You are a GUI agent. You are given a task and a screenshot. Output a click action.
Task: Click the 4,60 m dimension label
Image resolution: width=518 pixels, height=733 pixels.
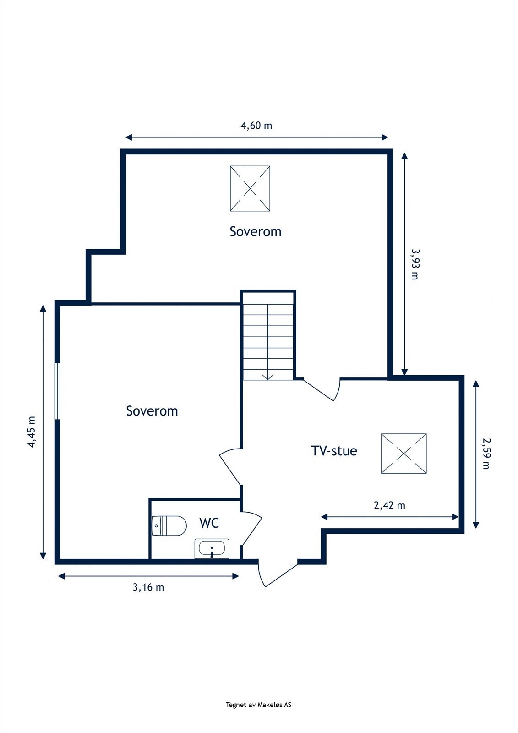click(x=256, y=125)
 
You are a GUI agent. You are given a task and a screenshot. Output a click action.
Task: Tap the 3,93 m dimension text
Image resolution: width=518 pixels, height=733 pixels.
click(x=415, y=264)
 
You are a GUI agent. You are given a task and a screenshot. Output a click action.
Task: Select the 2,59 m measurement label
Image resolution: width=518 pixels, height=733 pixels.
click(x=486, y=453)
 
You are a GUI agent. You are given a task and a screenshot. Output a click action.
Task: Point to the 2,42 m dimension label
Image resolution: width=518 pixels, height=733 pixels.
click(x=389, y=505)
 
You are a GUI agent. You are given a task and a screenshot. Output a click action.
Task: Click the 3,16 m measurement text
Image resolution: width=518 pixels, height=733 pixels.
click(x=148, y=587)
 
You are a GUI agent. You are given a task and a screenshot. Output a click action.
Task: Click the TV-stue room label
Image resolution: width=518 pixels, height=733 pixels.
click(x=334, y=451)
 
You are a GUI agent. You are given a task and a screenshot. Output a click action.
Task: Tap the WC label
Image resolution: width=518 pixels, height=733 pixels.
click(x=209, y=523)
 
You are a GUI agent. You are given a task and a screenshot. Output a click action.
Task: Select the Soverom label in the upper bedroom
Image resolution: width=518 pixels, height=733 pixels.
click(x=256, y=231)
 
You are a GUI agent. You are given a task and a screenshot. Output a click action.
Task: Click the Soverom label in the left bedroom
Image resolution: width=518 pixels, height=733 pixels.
click(x=152, y=411)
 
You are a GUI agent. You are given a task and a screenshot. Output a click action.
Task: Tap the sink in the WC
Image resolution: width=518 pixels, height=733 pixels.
click(x=212, y=548)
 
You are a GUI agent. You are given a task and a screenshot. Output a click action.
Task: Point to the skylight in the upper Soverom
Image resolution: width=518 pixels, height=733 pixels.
click(x=250, y=188)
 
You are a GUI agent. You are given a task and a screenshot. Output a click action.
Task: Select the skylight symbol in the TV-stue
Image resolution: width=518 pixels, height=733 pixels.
click(x=403, y=454)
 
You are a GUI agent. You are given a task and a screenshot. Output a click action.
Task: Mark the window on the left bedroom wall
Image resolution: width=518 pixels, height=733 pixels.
click(x=57, y=391)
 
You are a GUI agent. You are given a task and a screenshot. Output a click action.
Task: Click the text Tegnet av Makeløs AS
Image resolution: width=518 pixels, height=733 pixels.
click(x=258, y=705)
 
